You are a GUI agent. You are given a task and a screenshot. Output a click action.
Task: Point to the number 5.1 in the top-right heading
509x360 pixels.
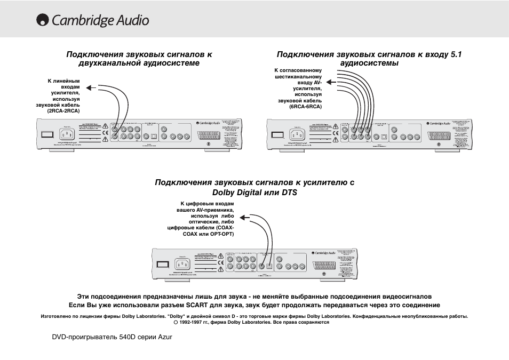tap(456, 54)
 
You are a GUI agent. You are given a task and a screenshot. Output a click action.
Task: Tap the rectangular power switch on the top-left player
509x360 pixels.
tap(46, 134)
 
